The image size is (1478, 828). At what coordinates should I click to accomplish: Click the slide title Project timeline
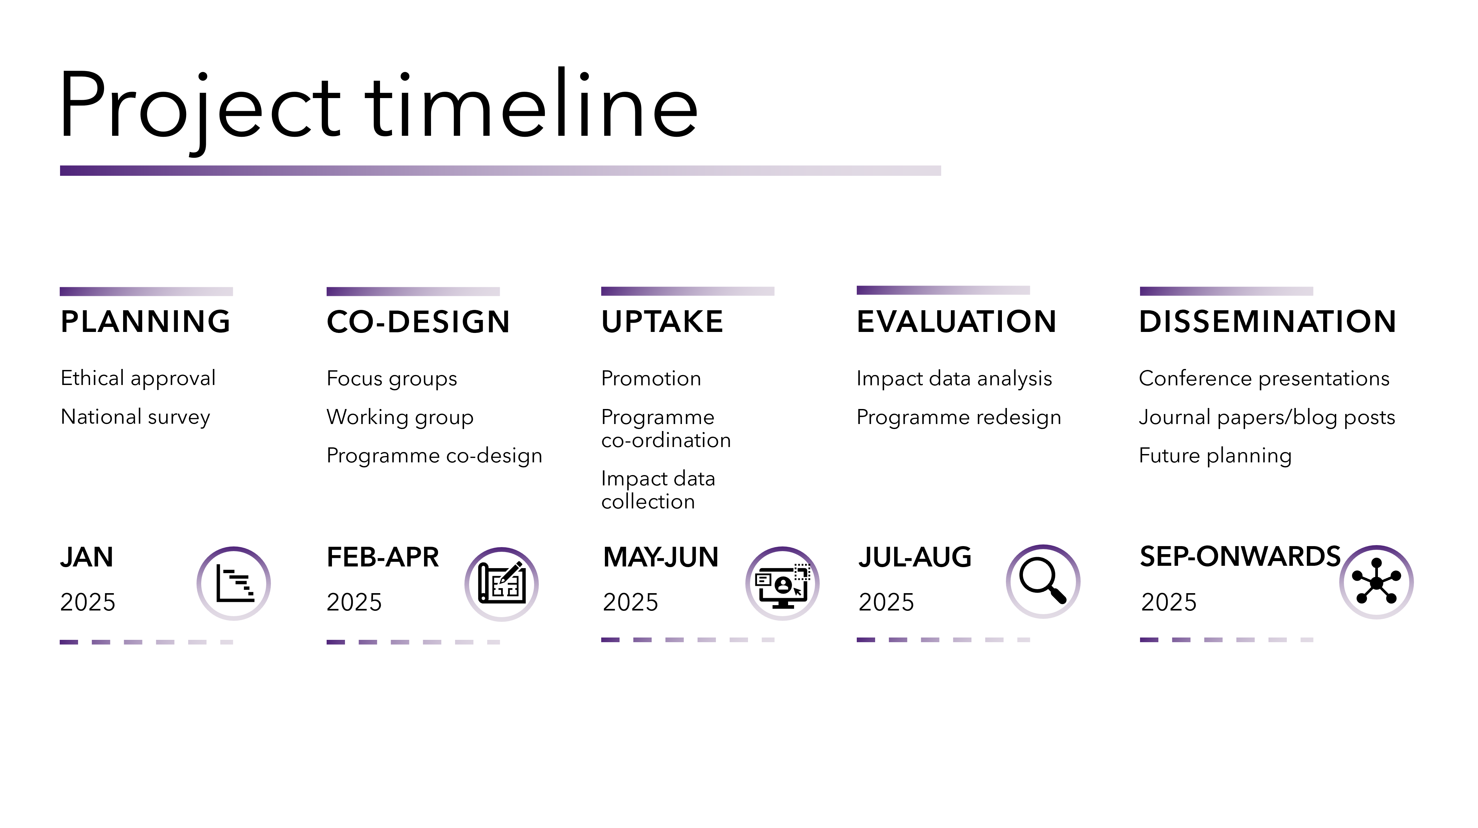(379, 106)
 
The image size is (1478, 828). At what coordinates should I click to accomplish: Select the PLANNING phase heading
(146, 321)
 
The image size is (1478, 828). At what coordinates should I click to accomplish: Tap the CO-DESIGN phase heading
(418, 321)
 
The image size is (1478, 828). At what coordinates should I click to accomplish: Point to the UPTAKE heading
(662, 321)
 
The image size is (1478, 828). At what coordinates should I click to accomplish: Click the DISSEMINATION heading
(1267, 321)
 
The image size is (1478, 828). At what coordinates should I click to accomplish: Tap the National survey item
(135, 417)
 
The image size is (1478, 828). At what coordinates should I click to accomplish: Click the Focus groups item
(392, 379)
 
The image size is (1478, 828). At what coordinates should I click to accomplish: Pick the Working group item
(400, 417)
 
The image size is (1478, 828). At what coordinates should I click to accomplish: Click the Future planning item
(1215, 456)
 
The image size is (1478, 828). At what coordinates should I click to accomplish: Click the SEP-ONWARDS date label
(1240, 556)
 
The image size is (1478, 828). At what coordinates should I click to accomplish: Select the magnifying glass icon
(1043, 581)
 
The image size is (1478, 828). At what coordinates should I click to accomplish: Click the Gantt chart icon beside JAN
(234, 583)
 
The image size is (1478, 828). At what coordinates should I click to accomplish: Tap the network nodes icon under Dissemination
(1377, 582)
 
